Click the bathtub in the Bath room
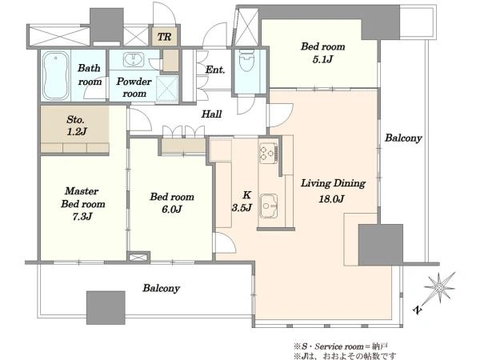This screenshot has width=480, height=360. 55,75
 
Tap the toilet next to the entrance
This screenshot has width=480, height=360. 246,60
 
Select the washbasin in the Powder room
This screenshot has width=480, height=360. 134,59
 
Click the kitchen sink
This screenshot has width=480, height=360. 269,206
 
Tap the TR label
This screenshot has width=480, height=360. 164,37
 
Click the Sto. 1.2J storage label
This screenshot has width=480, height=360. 77,126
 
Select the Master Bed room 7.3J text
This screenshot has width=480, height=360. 82,203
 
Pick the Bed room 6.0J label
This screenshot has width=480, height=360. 172,202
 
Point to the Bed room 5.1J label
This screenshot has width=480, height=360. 322,53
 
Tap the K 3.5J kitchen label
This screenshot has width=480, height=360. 242,202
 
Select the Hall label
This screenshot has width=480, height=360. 211,114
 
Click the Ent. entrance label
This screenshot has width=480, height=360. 215,70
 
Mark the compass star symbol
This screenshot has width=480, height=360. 439,288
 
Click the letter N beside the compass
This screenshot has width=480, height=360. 418,310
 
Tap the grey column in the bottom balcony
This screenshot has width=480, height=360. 106,308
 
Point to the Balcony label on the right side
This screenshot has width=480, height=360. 403,138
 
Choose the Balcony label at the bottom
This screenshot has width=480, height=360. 161,288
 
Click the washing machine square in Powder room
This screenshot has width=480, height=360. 167,88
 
